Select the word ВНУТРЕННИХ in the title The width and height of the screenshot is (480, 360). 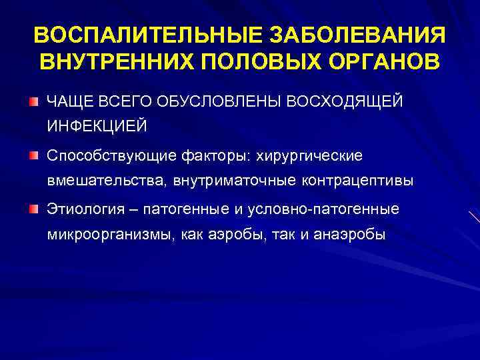point(114,61)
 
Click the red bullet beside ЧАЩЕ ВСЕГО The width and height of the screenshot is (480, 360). point(33,101)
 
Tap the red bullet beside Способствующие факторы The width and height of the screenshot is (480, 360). point(33,155)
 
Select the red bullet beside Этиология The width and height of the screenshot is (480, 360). point(33,209)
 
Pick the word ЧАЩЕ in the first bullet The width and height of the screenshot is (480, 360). point(65,101)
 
